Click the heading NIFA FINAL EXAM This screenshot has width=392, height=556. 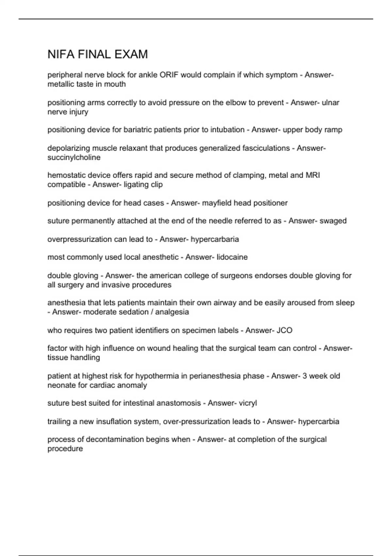[98, 54]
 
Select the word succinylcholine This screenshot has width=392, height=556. [74, 157]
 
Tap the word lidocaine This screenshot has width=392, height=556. [232, 257]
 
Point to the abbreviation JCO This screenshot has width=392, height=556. [284, 330]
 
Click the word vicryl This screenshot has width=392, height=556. [248, 403]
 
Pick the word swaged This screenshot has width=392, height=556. [333, 221]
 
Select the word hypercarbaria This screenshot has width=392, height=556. [215, 239]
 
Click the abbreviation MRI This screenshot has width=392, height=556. [313, 175]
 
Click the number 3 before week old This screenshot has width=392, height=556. [304, 376]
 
